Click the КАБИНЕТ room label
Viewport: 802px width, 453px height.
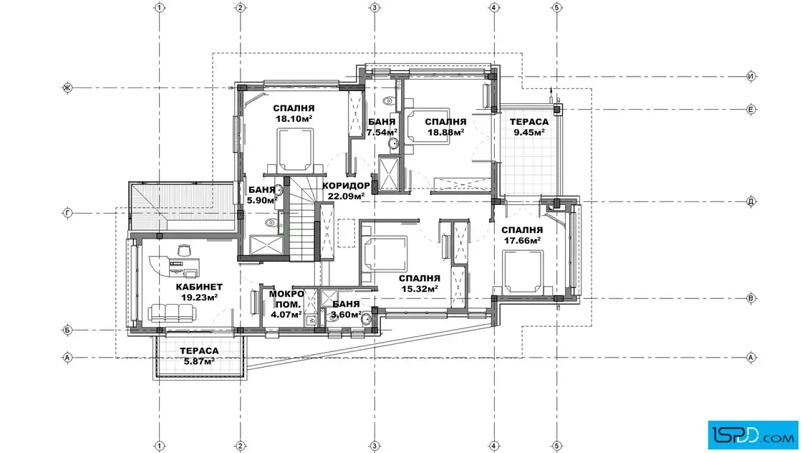pyautogui.click(x=199, y=287)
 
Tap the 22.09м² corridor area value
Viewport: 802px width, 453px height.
pyautogui.click(x=347, y=196)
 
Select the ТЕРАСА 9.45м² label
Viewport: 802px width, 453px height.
pyautogui.click(x=529, y=127)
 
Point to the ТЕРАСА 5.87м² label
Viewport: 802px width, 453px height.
pyautogui.click(x=199, y=356)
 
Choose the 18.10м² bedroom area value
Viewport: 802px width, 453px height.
pyautogui.click(x=294, y=119)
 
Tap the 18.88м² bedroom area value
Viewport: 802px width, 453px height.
pyautogui.click(x=445, y=132)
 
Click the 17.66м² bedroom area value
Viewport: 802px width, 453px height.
pyautogui.click(x=522, y=240)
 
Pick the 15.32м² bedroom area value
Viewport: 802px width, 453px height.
pyautogui.click(x=420, y=289)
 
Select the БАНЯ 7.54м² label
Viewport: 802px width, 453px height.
pyautogui.click(x=382, y=127)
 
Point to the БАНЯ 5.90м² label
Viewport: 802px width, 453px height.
pyautogui.click(x=261, y=195)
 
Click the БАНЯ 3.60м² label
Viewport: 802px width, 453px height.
pyautogui.click(x=346, y=309)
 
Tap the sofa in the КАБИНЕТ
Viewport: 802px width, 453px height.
pyautogui.click(x=171, y=313)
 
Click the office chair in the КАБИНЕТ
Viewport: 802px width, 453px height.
pyautogui.click(x=184, y=250)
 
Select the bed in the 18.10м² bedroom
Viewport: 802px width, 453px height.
pyautogui.click(x=294, y=151)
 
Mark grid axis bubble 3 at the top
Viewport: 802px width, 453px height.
pyautogui.click(x=375, y=8)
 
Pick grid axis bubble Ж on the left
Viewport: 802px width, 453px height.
pyautogui.click(x=67, y=87)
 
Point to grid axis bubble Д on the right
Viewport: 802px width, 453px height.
pyautogui.click(x=751, y=201)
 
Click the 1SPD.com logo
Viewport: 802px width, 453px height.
pyautogui.click(x=753, y=434)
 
